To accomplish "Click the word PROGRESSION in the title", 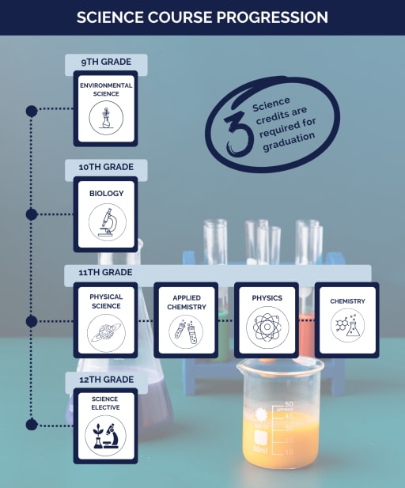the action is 272,17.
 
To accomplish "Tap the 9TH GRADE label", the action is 106,62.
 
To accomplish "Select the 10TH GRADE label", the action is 106,167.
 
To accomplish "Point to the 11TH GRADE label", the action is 105,272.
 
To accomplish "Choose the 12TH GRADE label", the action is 107,380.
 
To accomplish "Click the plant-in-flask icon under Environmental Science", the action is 106,118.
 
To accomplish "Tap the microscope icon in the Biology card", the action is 108,222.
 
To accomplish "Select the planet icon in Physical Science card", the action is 106,333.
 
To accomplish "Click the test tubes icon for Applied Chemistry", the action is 186,331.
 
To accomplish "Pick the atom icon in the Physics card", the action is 267,327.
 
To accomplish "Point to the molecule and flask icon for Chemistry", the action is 347,325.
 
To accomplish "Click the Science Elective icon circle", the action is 105,436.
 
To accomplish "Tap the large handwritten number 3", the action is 237,133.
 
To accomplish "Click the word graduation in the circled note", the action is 289,142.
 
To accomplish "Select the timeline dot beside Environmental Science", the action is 32,111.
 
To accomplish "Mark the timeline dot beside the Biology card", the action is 32,214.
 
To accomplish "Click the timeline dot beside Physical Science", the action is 32,321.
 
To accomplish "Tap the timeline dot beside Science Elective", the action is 32,425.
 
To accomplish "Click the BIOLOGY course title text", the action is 107,193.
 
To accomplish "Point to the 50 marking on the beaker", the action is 290,404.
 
